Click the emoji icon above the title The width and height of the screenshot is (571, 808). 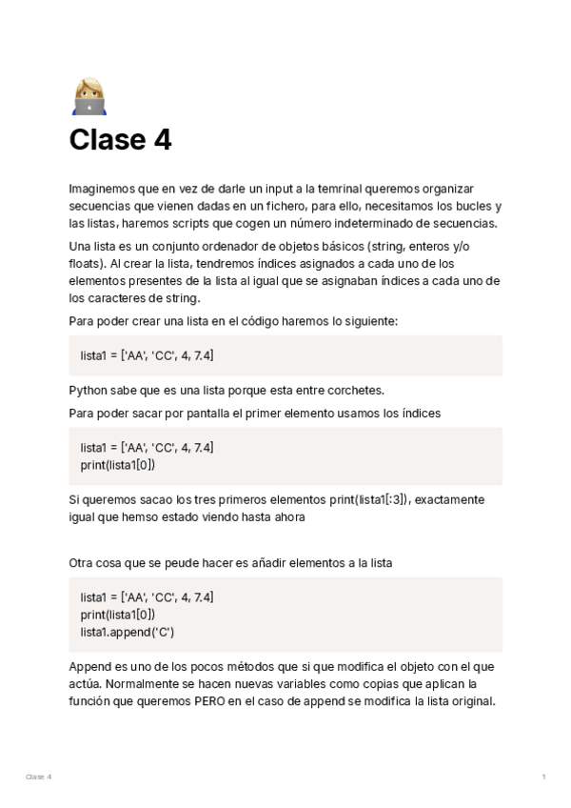tap(89, 96)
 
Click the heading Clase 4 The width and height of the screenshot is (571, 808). tap(120, 140)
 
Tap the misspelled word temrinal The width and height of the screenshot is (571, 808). tap(348, 189)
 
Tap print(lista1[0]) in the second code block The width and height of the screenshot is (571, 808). tap(118, 464)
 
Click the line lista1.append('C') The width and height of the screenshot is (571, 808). tap(128, 632)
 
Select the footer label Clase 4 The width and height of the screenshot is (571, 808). tap(38, 777)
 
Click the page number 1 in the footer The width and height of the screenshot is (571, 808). tap(543, 777)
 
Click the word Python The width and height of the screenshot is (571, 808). tap(89, 390)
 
